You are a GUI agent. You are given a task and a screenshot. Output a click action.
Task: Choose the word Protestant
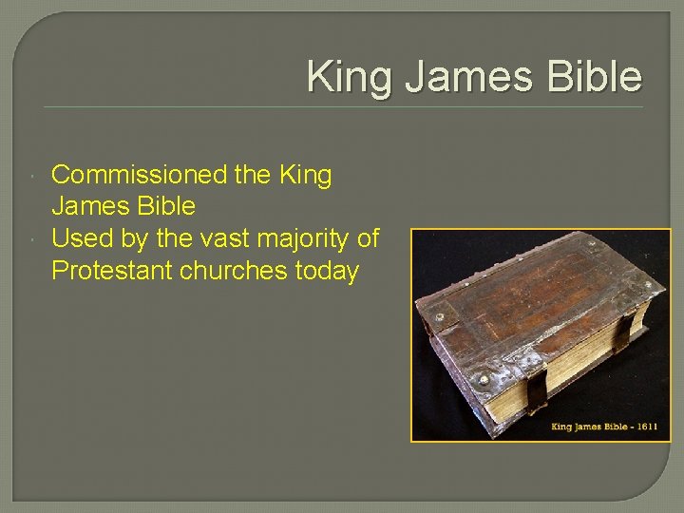pos(110,272)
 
